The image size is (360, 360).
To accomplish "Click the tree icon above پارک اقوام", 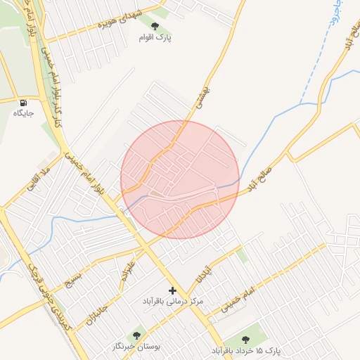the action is (165, 25).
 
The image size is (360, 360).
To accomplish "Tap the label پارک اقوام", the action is (165, 37).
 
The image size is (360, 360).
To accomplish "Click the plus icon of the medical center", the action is (173, 290).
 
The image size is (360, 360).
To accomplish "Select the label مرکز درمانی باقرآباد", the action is (173, 301).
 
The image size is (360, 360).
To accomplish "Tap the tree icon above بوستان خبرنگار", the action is (136, 335).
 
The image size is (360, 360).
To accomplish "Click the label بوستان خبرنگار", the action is (136, 347).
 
